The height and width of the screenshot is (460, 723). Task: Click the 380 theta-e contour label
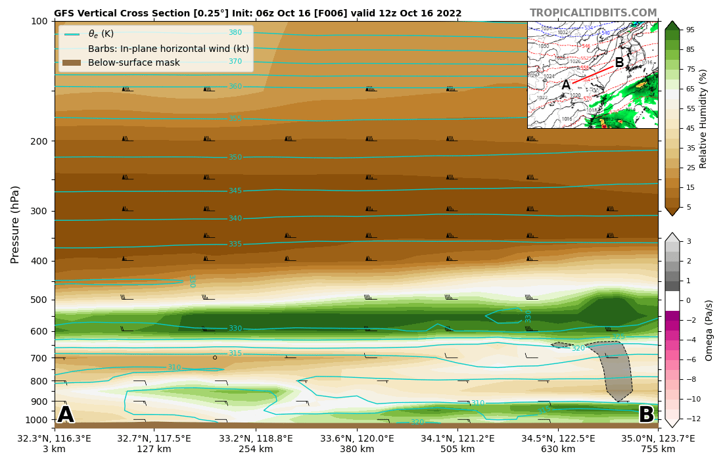(x=235, y=33)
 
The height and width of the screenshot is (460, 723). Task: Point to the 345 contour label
(x=235, y=191)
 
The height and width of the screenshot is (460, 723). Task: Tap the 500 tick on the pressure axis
(x=39, y=300)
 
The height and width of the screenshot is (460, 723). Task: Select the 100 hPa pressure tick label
(x=39, y=21)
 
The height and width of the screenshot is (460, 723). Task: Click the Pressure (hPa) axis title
(x=16, y=224)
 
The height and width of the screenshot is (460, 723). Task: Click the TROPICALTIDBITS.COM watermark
(x=593, y=13)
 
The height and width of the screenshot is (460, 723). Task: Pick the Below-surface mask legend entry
(x=133, y=62)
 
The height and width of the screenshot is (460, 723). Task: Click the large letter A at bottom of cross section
(x=66, y=415)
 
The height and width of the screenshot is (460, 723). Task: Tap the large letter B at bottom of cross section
(x=646, y=415)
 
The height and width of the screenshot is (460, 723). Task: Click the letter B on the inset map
(x=619, y=63)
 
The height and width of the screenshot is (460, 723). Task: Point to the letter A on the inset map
(x=566, y=85)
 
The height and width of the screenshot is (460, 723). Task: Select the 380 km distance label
(x=357, y=449)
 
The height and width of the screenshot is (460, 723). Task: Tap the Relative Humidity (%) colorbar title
(x=703, y=118)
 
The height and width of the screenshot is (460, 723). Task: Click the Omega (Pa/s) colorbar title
(x=709, y=330)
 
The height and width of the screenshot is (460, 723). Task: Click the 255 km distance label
(x=256, y=449)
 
